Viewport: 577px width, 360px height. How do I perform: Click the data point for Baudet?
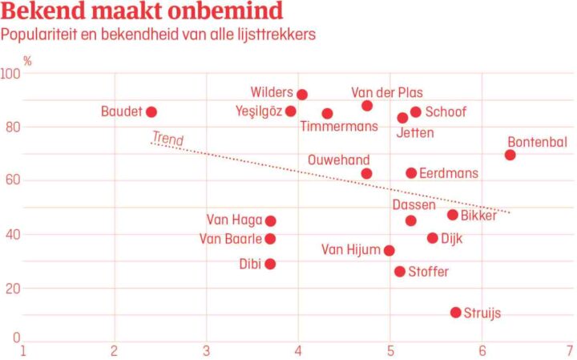tap(151, 112)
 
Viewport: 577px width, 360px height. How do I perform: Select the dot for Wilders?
tap(302, 95)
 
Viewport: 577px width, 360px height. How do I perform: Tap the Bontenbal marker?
tap(510, 155)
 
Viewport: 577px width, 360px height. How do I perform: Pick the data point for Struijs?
tap(456, 313)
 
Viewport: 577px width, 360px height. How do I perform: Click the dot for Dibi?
tap(270, 264)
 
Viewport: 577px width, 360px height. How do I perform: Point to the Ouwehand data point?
tap(366, 173)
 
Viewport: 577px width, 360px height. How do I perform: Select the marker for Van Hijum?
tap(389, 250)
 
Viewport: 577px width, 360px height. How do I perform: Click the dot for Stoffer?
tap(400, 272)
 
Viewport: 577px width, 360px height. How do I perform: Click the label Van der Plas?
tap(387, 93)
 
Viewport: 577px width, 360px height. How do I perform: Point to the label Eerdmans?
tap(448, 173)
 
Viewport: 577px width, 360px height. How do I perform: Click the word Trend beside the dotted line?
tap(167, 139)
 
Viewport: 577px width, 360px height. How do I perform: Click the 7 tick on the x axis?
tap(568, 350)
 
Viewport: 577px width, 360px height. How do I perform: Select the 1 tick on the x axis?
tap(22, 350)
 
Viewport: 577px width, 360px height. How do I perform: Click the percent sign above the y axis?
tap(27, 60)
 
